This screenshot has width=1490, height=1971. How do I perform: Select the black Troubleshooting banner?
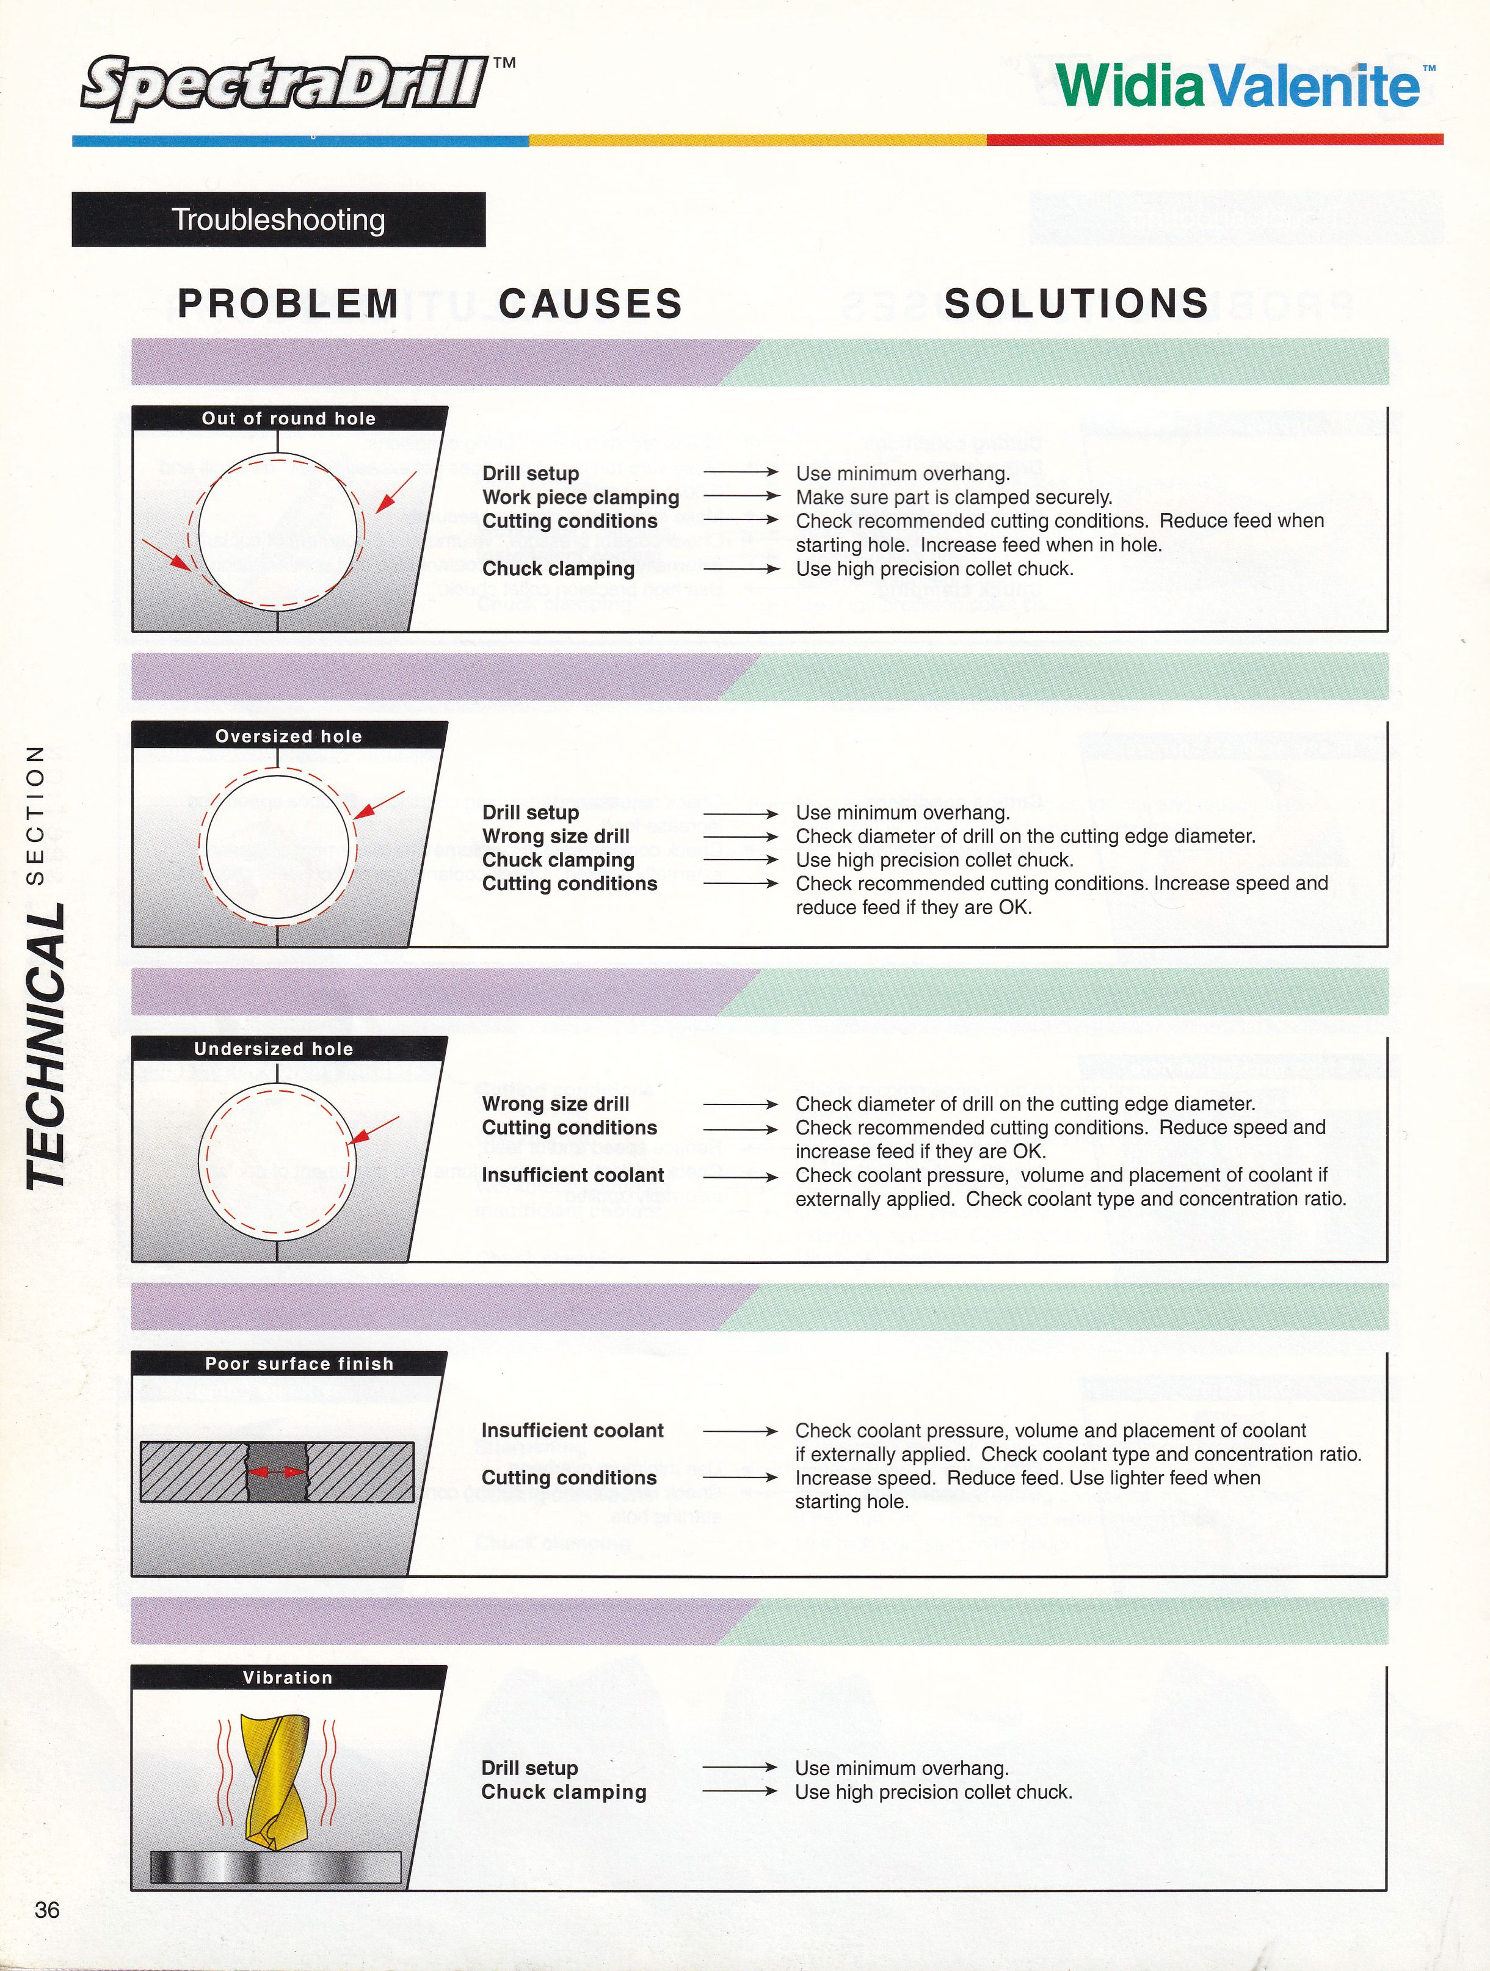coord(278,219)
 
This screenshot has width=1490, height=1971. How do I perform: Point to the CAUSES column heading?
coord(591,304)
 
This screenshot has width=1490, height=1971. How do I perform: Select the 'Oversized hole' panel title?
coord(289,736)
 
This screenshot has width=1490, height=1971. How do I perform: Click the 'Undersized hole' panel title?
coord(274,1049)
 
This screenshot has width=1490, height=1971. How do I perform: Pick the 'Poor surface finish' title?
coord(299,1363)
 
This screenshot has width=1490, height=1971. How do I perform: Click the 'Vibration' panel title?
coord(287,1677)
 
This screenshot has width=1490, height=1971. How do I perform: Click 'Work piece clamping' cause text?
coord(580,497)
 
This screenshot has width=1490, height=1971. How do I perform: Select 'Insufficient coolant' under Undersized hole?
coord(573,1174)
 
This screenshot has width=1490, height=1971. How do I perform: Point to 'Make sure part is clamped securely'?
coord(953,497)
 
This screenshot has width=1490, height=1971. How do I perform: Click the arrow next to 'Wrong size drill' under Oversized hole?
coord(741,837)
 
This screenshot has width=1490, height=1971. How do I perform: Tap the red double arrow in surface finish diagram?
coord(277,1473)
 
